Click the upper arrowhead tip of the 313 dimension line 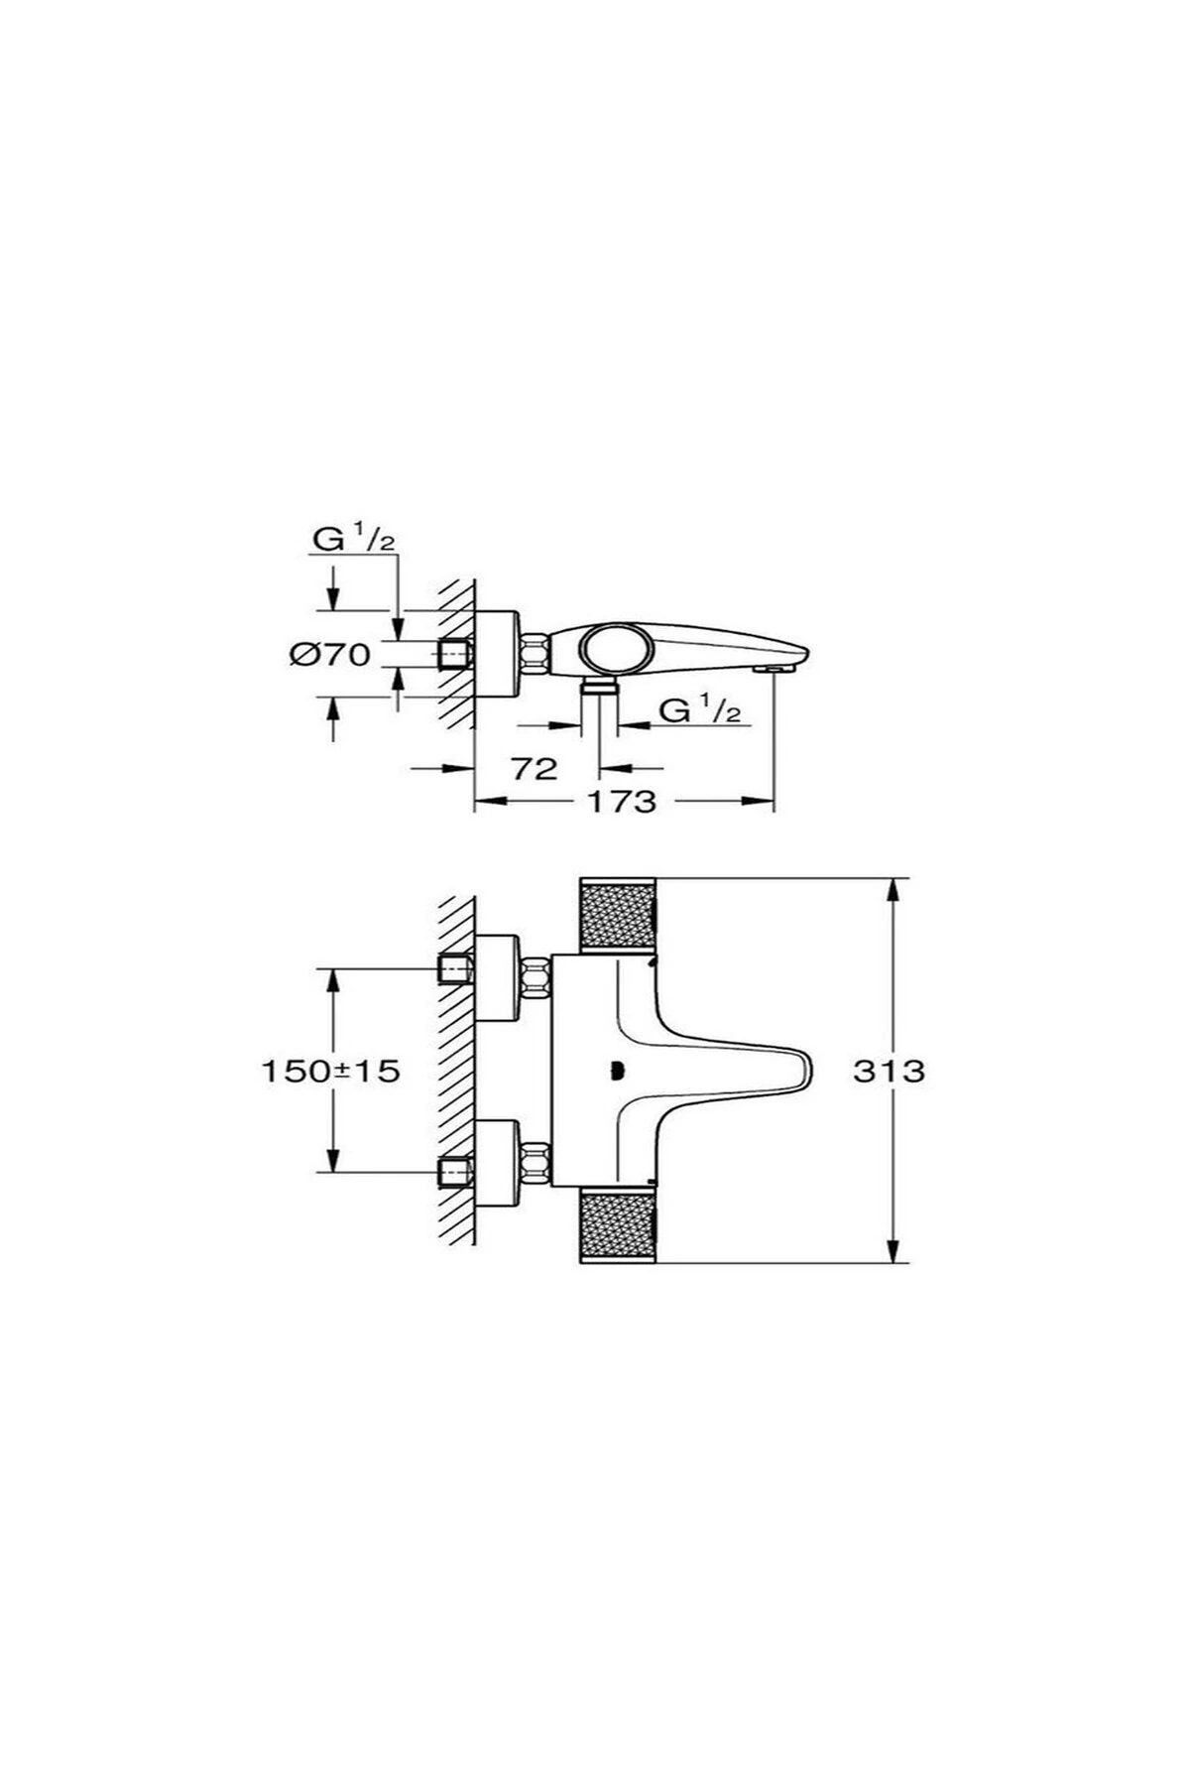(895, 878)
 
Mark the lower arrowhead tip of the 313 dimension (895, 1263)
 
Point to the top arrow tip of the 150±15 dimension (333, 968)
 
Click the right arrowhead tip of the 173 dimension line (773, 801)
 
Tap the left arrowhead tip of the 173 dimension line (475, 801)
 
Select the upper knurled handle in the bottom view (617, 917)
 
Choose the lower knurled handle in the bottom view (617, 1224)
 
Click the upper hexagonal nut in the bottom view (535, 977)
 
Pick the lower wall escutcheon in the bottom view (497, 1163)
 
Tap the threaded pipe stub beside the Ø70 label (454, 654)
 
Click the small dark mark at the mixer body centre (617, 1070)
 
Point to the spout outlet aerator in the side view (773, 671)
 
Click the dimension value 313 (889, 1071)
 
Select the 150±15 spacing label (330, 1071)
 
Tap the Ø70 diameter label (330, 654)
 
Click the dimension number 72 (535, 768)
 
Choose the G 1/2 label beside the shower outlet (700, 710)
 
